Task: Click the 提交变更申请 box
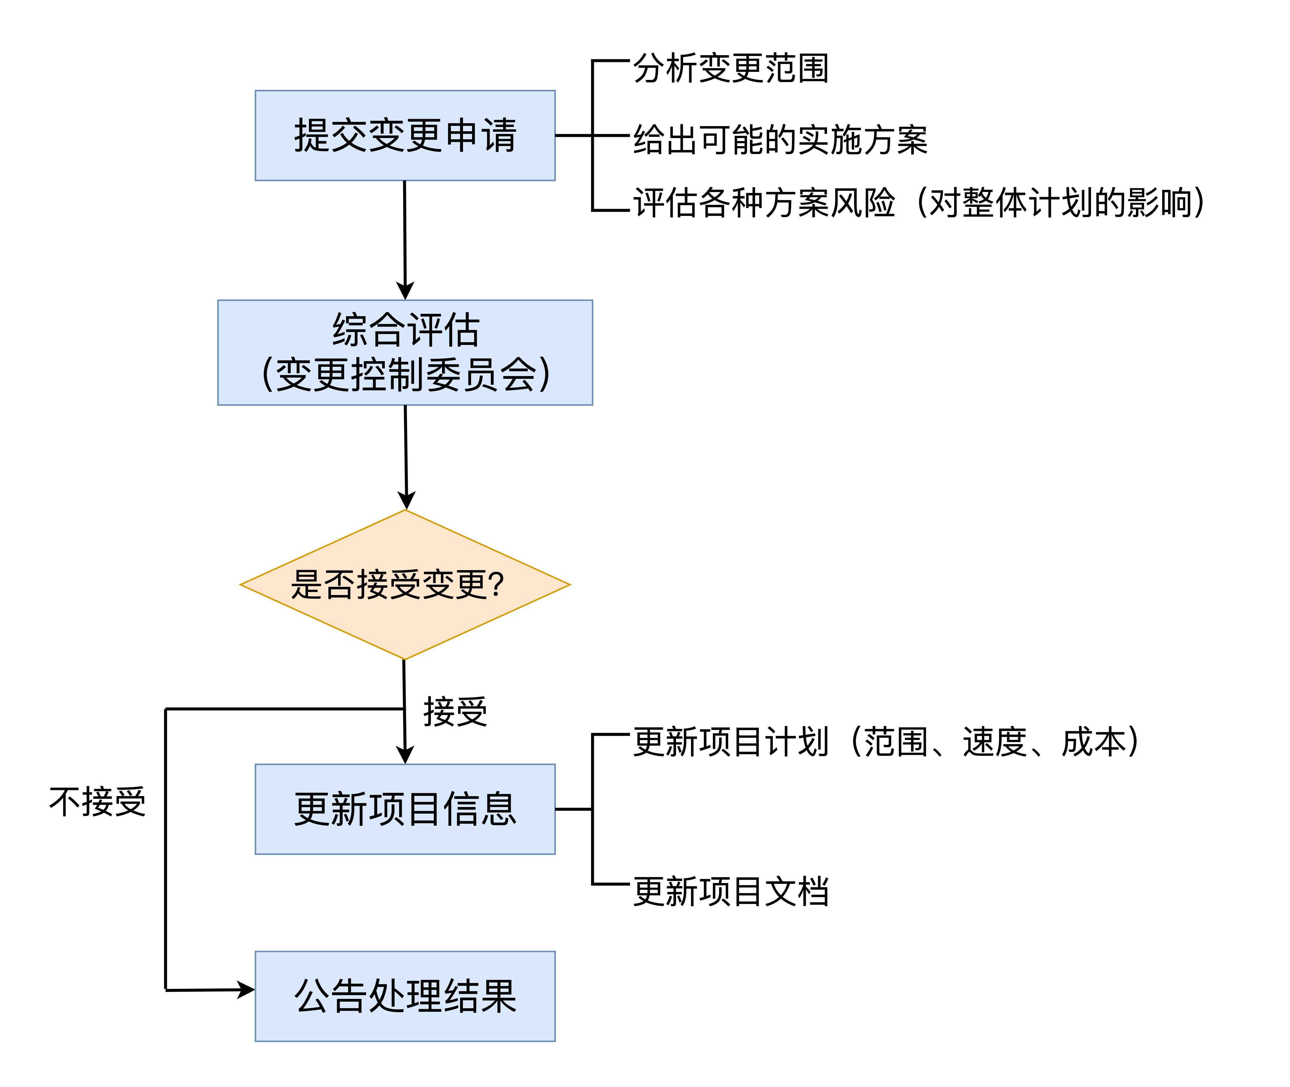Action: pyautogui.click(x=405, y=136)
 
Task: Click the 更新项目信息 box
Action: pyautogui.click(x=405, y=809)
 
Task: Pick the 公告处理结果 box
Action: pyautogui.click(x=405, y=997)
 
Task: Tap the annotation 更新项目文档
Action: pyautogui.click(x=731, y=892)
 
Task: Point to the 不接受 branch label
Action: pyautogui.click(x=97, y=802)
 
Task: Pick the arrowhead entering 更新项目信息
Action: pyautogui.click(x=405, y=755)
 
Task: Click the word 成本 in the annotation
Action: pyautogui.click(x=1093, y=741)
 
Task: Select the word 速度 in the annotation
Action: pyautogui.click(x=994, y=741)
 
